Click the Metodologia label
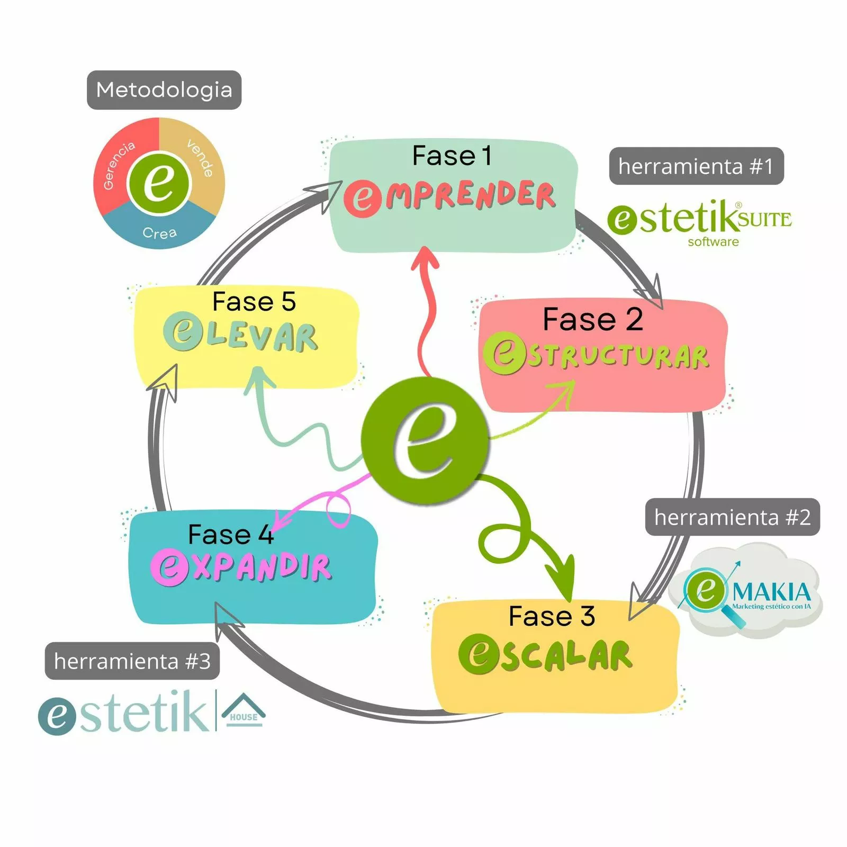pyautogui.click(x=164, y=90)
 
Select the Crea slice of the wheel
pyautogui.click(x=159, y=232)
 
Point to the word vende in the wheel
pyautogui.click(x=201, y=158)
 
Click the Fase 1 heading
pyautogui.click(x=452, y=156)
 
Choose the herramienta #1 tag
pyautogui.click(x=696, y=166)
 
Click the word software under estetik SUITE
pyautogui.click(x=713, y=242)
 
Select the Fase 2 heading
pyautogui.click(x=592, y=320)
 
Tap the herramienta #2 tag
pyautogui.click(x=732, y=517)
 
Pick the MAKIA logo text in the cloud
pyautogui.click(x=771, y=592)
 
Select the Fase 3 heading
pyautogui.click(x=552, y=616)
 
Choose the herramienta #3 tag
pyautogui.click(x=132, y=661)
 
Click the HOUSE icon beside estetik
pyautogui.click(x=243, y=710)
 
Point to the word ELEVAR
pyautogui.click(x=241, y=335)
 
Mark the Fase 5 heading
pyautogui.click(x=254, y=302)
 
